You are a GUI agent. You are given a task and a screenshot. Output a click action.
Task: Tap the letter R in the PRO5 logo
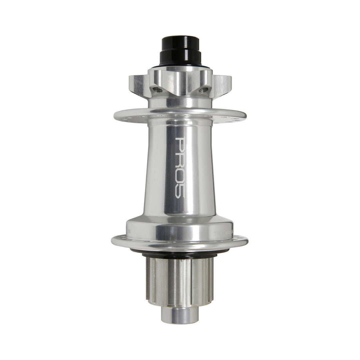[180, 158]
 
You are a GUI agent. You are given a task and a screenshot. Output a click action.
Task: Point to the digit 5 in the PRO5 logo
[180, 190]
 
